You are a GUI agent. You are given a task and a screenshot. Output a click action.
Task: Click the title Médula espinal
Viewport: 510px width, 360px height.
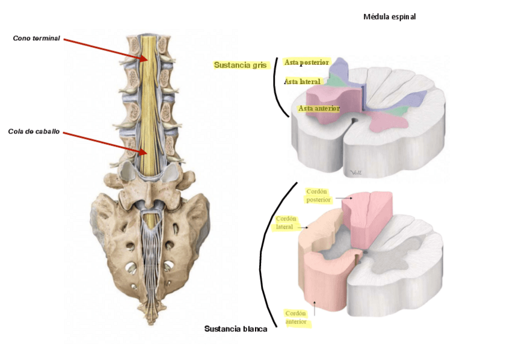pyautogui.click(x=389, y=17)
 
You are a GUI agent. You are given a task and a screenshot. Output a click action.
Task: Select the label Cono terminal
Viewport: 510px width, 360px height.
pyautogui.click(x=37, y=38)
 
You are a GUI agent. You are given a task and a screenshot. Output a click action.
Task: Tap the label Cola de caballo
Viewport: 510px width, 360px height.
pyautogui.click(x=34, y=132)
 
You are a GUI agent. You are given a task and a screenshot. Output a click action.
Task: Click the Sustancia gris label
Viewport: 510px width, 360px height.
pyautogui.click(x=240, y=65)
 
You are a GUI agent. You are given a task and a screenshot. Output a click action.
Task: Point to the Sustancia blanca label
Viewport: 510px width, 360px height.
pyautogui.click(x=236, y=329)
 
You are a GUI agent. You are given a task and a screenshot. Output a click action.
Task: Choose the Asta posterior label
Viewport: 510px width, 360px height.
pyautogui.click(x=306, y=62)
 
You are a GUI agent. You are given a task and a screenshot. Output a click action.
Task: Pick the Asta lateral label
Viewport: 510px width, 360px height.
pyautogui.click(x=302, y=81)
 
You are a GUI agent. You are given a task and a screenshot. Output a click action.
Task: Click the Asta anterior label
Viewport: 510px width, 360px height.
pyautogui.click(x=319, y=108)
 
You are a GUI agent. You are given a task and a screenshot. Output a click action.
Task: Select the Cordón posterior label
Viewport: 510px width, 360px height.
pyautogui.click(x=318, y=195)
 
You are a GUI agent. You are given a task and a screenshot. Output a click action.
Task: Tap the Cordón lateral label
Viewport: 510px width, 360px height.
pyautogui.click(x=284, y=222)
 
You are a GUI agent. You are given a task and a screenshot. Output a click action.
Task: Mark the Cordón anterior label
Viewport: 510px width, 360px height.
pyautogui.click(x=296, y=317)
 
